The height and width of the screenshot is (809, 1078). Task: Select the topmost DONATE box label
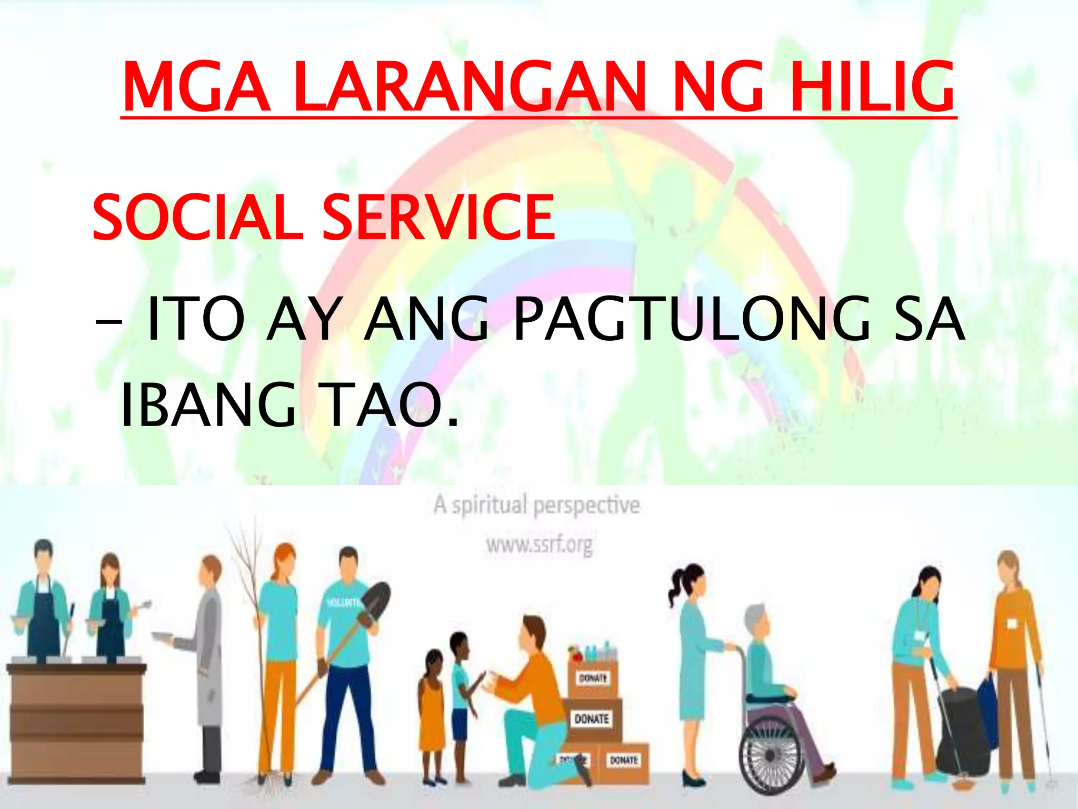(x=593, y=678)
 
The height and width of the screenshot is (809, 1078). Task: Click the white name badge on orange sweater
(x=1011, y=624)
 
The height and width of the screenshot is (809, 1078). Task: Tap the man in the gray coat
(x=208, y=658)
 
